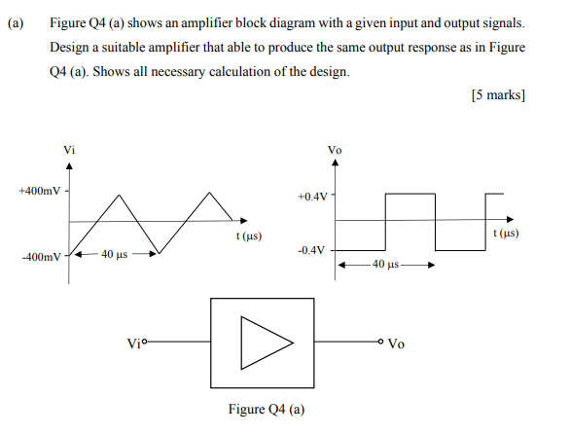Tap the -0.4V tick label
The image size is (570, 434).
(x=313, y=250)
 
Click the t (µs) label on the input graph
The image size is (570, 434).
(x=249, y=236)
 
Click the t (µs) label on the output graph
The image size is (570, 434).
(x=507, y=234)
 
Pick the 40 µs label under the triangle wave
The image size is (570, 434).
(x=114, y=255)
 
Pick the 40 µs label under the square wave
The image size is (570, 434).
(x=386, y=265)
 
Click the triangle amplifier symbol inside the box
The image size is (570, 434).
(x=266, y=343)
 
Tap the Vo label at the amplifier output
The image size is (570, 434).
(x=398, y=344)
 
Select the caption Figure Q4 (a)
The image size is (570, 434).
(x=266, y=409)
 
